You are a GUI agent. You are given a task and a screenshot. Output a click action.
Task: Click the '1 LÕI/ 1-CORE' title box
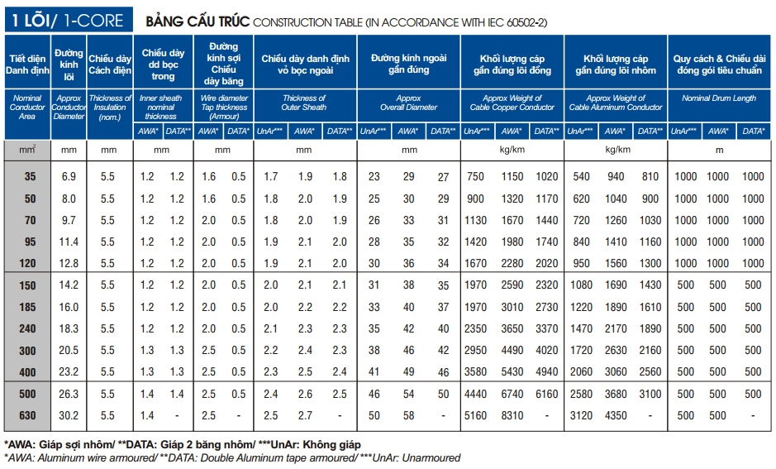68,21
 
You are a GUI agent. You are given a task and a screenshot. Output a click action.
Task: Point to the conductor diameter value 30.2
69,415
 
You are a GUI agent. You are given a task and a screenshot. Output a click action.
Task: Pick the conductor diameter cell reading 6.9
69,176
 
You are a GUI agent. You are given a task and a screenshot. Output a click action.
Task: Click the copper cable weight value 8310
512,415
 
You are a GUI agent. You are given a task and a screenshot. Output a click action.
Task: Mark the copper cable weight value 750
475,176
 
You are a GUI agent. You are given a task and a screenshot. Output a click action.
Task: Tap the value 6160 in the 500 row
546,394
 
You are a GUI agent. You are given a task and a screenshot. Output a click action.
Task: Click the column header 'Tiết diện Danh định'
27,65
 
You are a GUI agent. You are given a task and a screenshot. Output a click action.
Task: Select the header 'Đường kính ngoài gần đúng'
408,65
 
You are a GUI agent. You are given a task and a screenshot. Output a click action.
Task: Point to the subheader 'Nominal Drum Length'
718,98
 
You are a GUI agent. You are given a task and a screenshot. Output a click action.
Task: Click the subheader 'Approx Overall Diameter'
408,103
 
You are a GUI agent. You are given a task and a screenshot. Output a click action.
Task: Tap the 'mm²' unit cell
27,150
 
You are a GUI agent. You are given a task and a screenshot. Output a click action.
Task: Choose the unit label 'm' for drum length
718,150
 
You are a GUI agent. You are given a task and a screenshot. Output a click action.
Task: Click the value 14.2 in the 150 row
69,285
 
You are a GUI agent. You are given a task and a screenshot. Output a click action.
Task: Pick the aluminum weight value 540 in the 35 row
582,176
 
